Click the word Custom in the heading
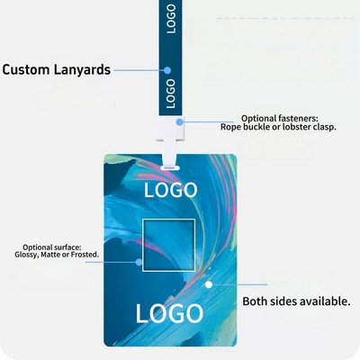[26, 69]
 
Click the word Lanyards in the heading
[82, 69]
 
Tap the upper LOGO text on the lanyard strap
[170, 19]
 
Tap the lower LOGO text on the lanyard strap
[170, 94]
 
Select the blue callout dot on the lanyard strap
[167, 70]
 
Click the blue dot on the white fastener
[179, 121]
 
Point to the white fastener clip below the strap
[170, 135]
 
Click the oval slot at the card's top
[170, 167]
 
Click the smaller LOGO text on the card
[171, 190]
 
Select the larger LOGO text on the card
[169, 313]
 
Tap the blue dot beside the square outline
[139, 262]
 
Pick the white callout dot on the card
[209, 284]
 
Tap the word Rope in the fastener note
[230, 127]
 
